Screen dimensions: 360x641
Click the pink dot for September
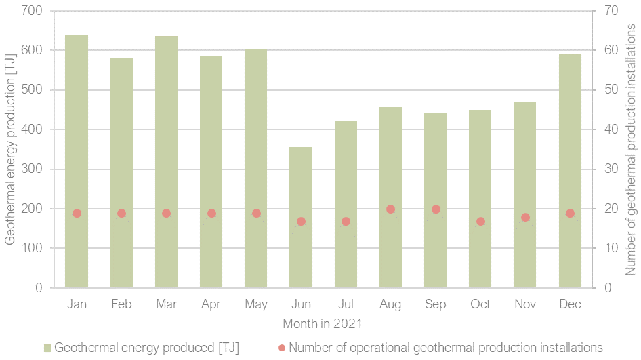[436, 209]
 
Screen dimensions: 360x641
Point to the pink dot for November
[525, 217]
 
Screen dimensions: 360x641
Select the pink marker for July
[346, 221]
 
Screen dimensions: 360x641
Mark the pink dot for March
[166, 213]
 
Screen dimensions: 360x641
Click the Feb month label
[121, 304]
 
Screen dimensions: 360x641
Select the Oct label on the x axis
[480, 304]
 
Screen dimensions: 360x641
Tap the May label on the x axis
[255, 304]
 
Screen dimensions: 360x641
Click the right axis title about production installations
[631, 149]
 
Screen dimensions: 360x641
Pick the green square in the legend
[47, 348]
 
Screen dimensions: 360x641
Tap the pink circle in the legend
[282, 348]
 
